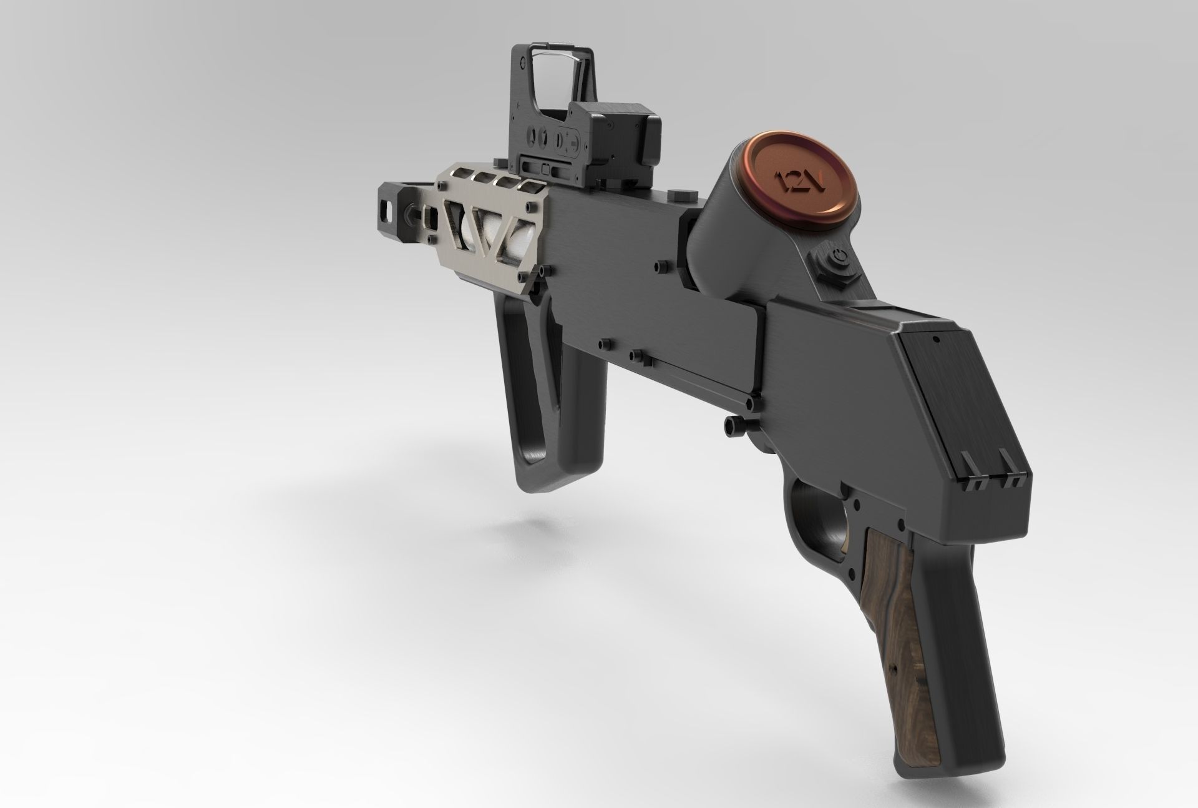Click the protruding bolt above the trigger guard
pyautogui.click(x=729, y=425)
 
